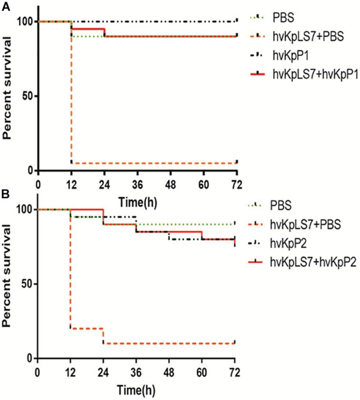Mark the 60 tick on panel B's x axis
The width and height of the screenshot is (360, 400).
coord(202,372)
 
